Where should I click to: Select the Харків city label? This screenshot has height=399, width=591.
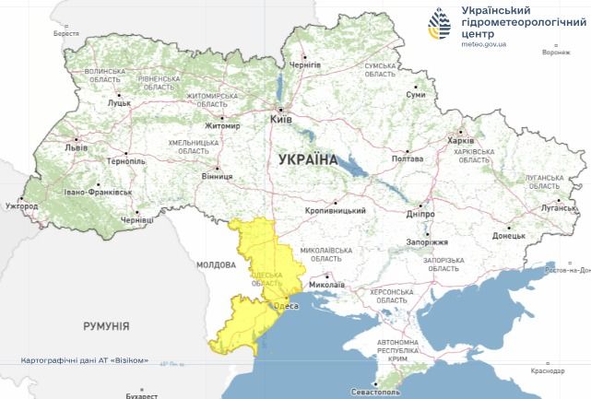pos(460,140)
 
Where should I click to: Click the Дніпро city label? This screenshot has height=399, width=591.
pos(420,214)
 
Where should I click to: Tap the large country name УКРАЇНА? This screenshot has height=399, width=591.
pos(307,159)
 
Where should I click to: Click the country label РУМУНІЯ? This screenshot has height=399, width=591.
pos(106,326)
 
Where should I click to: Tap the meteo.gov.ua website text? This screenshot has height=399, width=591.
pos(479,43)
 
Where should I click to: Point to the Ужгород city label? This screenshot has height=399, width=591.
pos(21,206)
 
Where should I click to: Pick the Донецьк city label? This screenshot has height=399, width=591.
pos(508,236)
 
